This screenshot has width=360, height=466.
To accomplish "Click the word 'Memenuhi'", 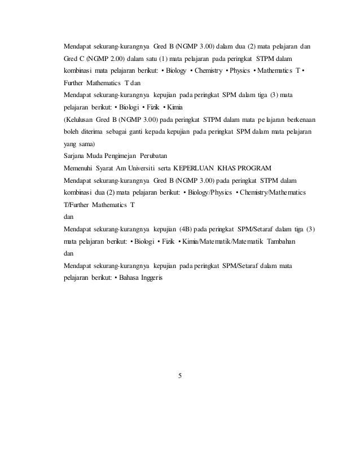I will coord(79,167).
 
